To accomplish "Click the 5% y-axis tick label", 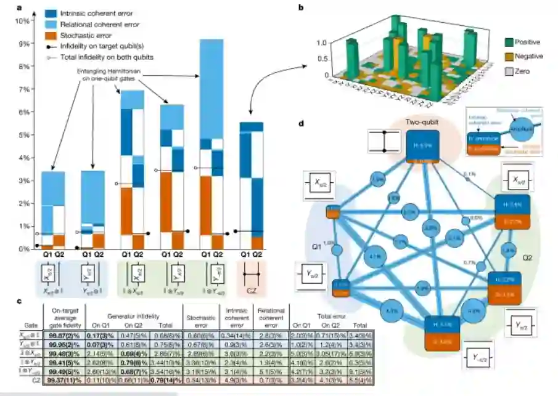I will (24, 135).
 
